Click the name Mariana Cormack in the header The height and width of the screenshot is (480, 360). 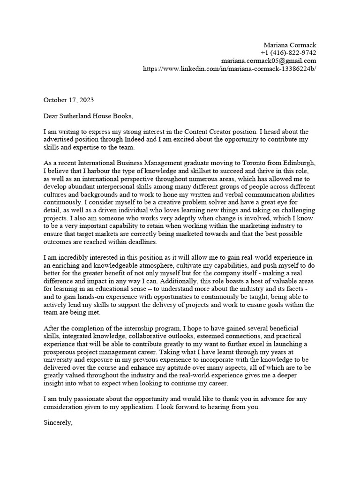click(290, 45)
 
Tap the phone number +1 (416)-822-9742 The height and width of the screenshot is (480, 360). click(288, 53)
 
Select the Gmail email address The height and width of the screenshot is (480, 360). click(269, 61)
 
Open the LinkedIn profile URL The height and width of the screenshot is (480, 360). click(229, 69)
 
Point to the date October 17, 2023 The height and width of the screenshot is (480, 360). click(68, 100)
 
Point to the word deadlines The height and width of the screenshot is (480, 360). click(143, 242)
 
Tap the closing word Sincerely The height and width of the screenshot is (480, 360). click(58, 423)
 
